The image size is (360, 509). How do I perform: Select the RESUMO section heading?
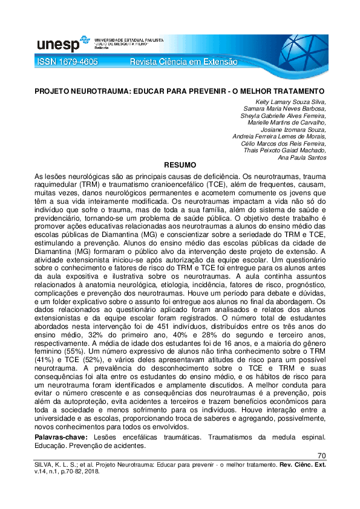(180, 164)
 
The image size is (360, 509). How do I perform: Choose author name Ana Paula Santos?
(302, 158)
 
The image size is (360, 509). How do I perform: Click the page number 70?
(321, 455)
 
